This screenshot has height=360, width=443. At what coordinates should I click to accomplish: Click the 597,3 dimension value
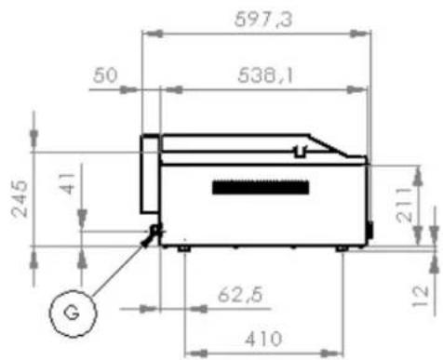tap(263, 20)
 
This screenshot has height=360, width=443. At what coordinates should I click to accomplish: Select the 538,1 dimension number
tap(265, 75)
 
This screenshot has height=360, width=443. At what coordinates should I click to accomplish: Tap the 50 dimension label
tap(105, 75)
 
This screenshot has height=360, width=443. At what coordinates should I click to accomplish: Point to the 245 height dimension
tap(19, 198)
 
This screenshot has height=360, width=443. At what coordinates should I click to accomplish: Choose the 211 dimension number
tap(405, 205)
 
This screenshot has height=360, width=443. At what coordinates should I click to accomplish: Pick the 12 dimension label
tap(421, 296)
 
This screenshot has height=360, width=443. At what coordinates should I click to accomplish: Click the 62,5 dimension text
tap(240, 295)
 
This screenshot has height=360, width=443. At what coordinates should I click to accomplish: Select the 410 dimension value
tap(263, 339)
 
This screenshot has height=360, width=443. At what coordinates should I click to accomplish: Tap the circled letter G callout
tap(73, 313)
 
